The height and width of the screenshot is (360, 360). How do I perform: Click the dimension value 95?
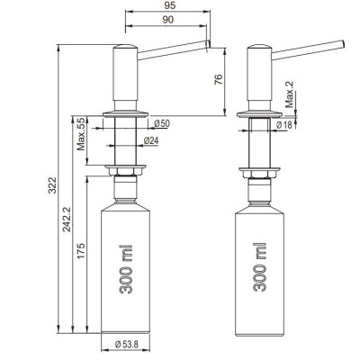tap(168, 5)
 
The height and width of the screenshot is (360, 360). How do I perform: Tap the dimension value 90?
tap(168, 20)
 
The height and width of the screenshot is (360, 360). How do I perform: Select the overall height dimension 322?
tap(52, 185)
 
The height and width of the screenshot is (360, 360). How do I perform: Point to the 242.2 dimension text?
tap(67, 220)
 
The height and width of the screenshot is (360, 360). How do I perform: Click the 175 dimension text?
tap(81, 251)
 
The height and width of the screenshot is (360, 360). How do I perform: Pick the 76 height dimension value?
tap(219, 79)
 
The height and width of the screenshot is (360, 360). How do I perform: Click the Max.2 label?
tap(290, 94)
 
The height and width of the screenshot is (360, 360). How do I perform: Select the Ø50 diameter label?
tap(162, 123)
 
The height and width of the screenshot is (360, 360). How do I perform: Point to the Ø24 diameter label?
tap(151, 140)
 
